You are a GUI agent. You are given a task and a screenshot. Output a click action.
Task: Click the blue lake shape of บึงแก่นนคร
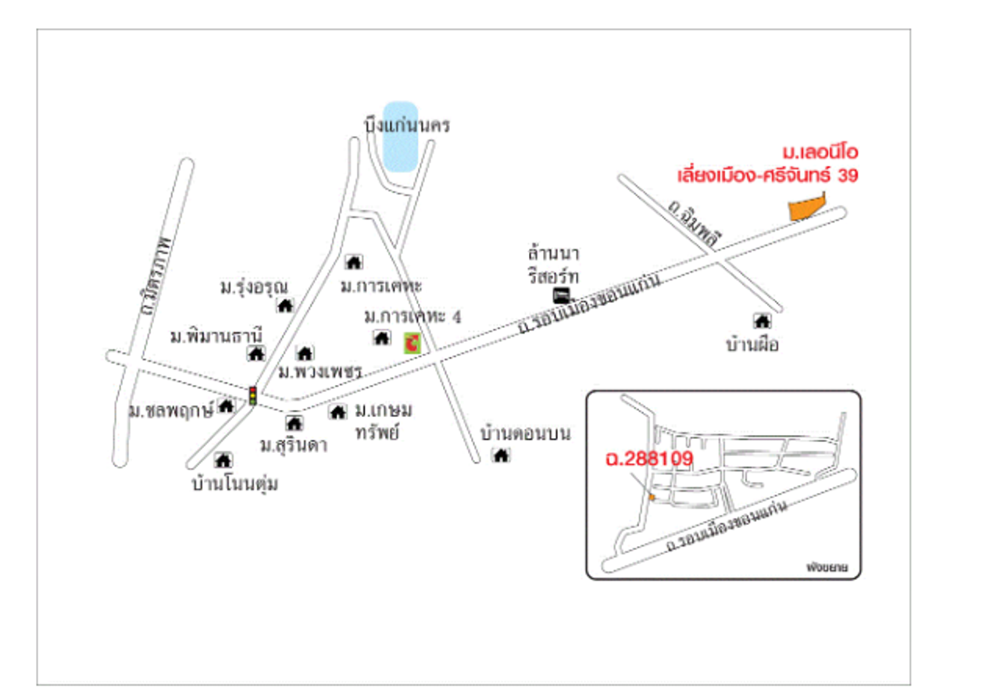401,137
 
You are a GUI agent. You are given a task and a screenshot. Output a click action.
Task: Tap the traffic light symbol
252,394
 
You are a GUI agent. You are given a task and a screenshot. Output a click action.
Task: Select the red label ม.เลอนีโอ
820,152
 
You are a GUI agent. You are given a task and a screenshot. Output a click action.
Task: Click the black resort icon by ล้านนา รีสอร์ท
561,295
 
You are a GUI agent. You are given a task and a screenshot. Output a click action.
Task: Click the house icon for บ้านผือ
761,320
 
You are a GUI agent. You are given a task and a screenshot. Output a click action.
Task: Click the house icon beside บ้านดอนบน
501,455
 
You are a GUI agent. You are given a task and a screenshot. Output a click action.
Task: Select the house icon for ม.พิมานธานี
255,353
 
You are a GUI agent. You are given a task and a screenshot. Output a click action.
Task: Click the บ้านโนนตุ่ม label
236,484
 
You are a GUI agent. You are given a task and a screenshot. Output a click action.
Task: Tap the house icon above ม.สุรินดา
294,423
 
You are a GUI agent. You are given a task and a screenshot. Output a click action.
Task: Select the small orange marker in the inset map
652,497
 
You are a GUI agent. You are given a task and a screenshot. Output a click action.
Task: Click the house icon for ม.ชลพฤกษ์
226,405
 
